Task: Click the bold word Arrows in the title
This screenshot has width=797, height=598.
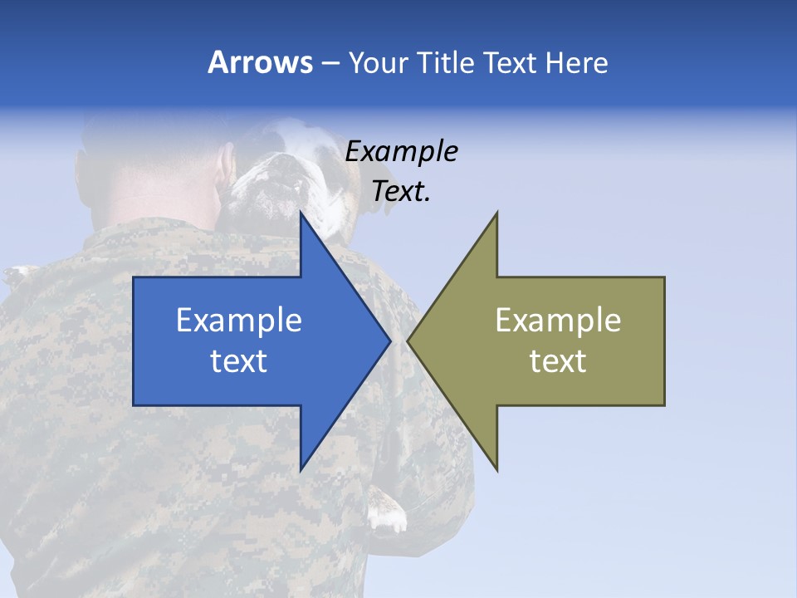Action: pos(260,62)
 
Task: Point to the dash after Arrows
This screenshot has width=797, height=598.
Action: pos(330,63)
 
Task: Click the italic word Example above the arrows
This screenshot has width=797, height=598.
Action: pos(401,152)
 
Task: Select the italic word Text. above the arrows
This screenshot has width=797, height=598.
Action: pos(401,192)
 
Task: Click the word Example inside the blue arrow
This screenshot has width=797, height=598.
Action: pos(239,321)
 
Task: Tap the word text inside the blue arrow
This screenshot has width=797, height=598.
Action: pos(239,361)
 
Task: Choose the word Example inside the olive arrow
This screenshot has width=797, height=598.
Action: pos(558,321)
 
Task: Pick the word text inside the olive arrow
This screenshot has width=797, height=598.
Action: pos(558,361)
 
